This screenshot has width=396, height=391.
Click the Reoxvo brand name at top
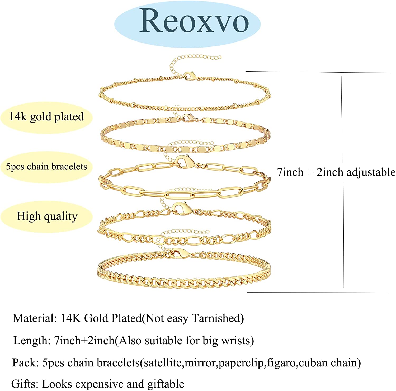[x=194, y=21]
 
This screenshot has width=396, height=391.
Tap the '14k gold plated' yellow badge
[x=46, y=117]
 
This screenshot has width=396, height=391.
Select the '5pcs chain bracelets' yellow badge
[x=46, y=167]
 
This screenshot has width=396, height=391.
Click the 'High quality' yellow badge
[x=47, y=216]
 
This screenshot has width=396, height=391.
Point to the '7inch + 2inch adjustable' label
[x=336, y=172]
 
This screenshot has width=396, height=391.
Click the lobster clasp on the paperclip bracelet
[x=184, y=161]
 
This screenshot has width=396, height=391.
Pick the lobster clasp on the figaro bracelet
[x=182, y=208]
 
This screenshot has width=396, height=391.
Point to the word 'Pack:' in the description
[x=25, y=363]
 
